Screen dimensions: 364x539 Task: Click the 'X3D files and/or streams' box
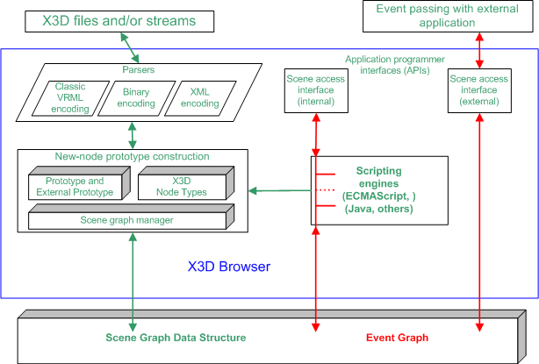120,19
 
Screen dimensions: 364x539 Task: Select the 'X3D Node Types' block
182,186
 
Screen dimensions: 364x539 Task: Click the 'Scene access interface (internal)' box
315,90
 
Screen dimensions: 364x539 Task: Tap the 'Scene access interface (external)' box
478,90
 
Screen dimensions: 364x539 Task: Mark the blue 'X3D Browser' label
228,266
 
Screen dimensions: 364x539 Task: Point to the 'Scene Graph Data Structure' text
176,338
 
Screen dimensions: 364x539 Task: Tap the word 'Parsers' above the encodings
133,68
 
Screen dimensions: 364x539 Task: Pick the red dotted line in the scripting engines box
326,189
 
